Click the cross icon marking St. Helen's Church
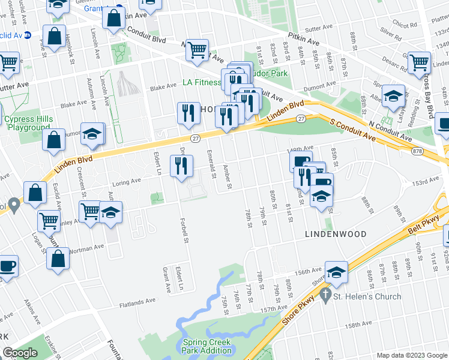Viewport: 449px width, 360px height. [325, 295]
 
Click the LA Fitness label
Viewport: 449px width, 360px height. [202, 82]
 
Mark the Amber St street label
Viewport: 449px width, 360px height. [227, 176]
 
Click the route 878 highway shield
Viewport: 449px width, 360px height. [418, 151]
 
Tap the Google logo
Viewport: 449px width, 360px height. [20, 353]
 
